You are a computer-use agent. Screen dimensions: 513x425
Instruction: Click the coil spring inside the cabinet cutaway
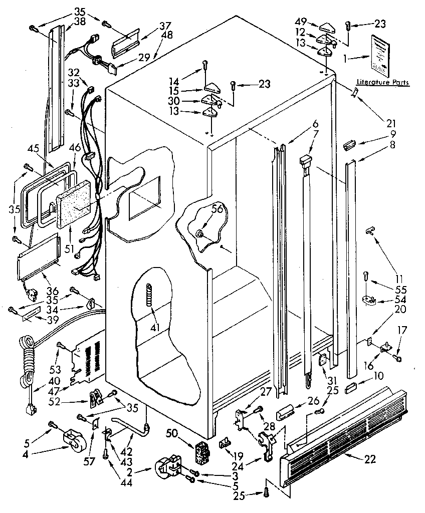coord(148,292)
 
